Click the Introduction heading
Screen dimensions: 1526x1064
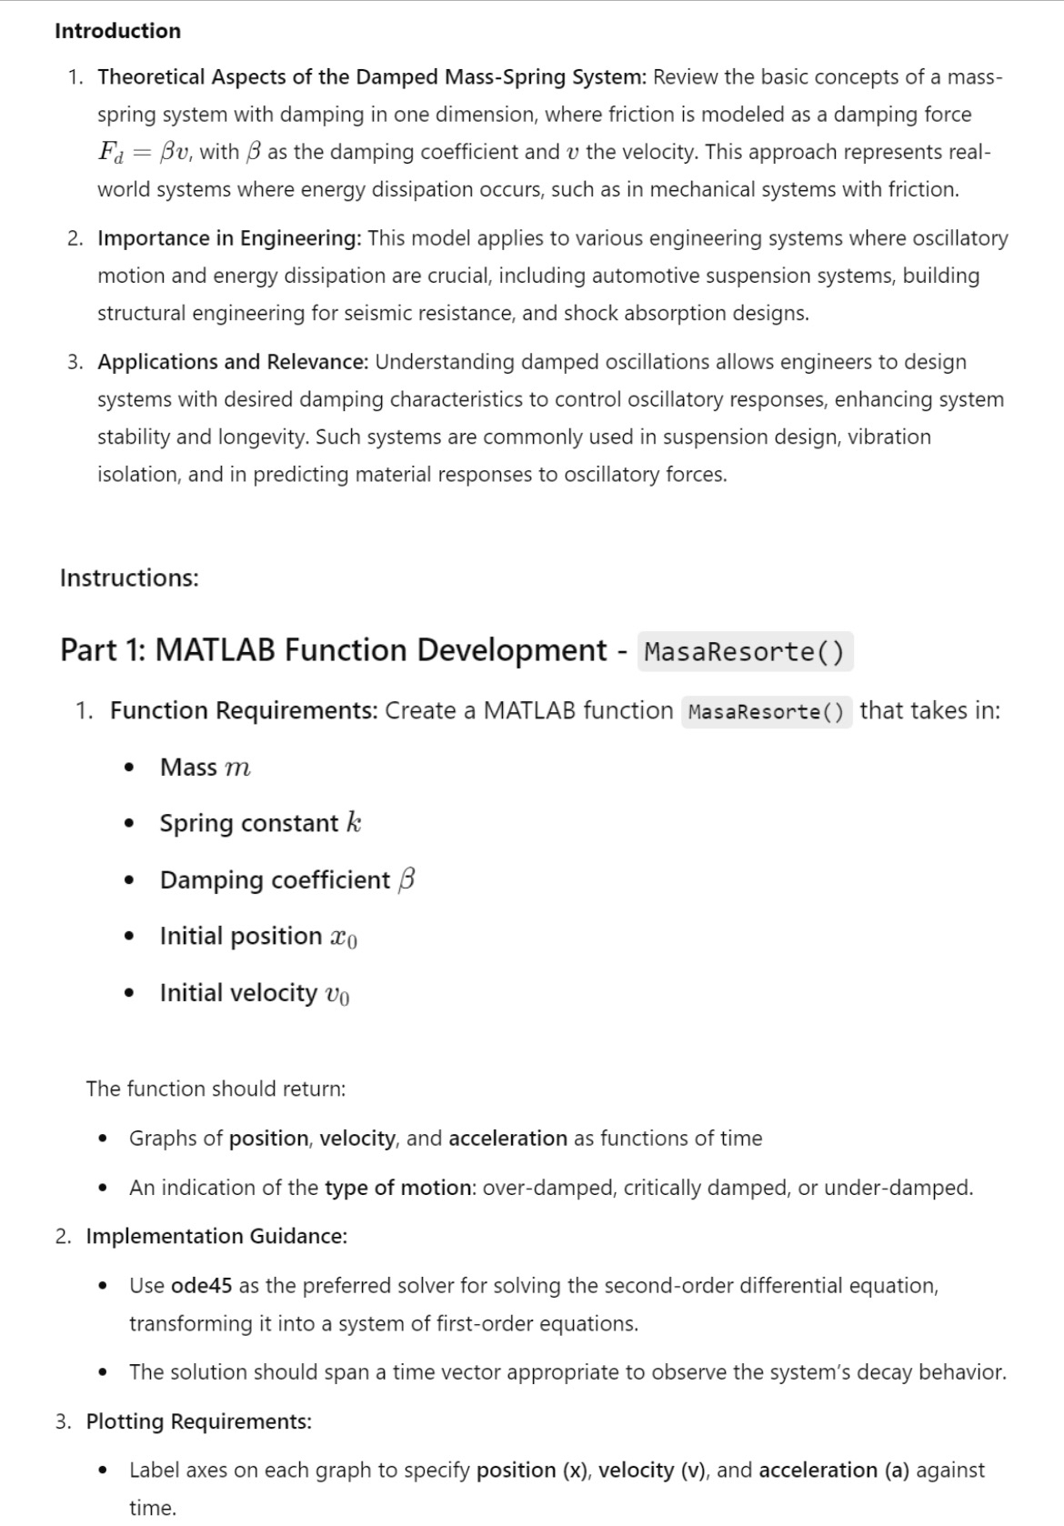[x=117, y=31]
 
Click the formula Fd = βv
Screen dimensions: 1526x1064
[x=142, y=152]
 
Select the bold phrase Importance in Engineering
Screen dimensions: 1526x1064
[x=229, y=238]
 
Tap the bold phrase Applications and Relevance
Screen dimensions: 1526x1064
[x=233, y=362]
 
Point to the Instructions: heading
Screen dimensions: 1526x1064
[x=129, y=578]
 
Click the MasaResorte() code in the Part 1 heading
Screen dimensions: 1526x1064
[x=745, y=652]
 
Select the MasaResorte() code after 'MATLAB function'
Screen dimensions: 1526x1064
[x=766, y=711]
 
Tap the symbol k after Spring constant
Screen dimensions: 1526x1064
[x=354, y=823]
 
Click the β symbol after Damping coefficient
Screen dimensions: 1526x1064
[x=407, y=879]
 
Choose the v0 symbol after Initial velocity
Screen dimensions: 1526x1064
[x=336, y=994]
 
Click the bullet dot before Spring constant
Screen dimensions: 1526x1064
[x=131, y=824]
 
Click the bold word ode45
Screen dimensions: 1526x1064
[x=201, y=1286]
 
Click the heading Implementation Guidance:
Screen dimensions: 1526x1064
[x=216, y=1237]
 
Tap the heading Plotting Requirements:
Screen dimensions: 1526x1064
[x=198, y=1421]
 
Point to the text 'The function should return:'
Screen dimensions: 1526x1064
[x=216, y=1089]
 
